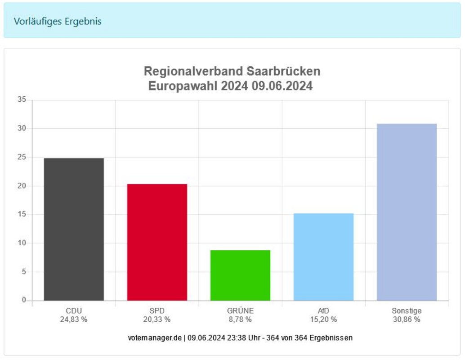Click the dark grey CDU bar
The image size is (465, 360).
click(74, 229)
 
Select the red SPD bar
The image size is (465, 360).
click(157, 242)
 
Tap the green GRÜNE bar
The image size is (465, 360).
click(240, 275)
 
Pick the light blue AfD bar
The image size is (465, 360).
click(323, 256)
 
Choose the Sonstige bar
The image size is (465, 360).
click(407, 212)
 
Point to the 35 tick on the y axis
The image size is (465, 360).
click(22, 100)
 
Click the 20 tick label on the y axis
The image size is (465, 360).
click(22, 186)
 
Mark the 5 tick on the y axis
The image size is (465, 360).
click(24, 272)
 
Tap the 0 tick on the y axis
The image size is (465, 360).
click(24, 300)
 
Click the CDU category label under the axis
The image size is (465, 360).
click(74, 310)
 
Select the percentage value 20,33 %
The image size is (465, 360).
click(157, 319)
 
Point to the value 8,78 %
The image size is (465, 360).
click(240, 319)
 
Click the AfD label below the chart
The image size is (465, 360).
click(323, 310)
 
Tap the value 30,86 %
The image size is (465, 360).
click(407, 319)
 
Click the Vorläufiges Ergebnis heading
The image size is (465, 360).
click(58, 21)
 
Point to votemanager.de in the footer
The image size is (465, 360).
click(156, 337)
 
